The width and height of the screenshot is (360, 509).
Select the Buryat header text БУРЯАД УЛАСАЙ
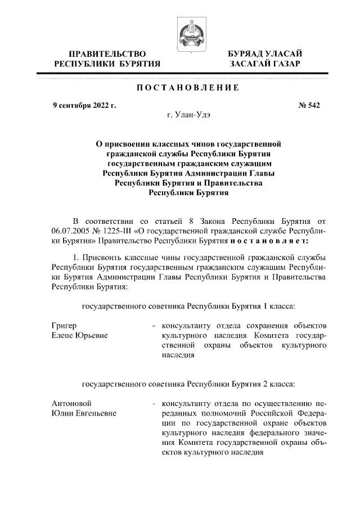pyautogui.click(x=264, y=53)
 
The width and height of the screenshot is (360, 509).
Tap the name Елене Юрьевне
pyautogui.click(x=79, y=335)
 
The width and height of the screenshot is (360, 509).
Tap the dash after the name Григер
pyautogui.click(x=154, y=326)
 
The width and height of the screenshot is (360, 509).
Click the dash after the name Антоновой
pyautogui.click(x=154, y=404)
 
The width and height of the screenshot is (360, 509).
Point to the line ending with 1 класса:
pyautogui.click(x=188, y=306)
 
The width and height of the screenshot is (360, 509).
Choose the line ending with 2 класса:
pyautogui.click(x=188, y=385)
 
